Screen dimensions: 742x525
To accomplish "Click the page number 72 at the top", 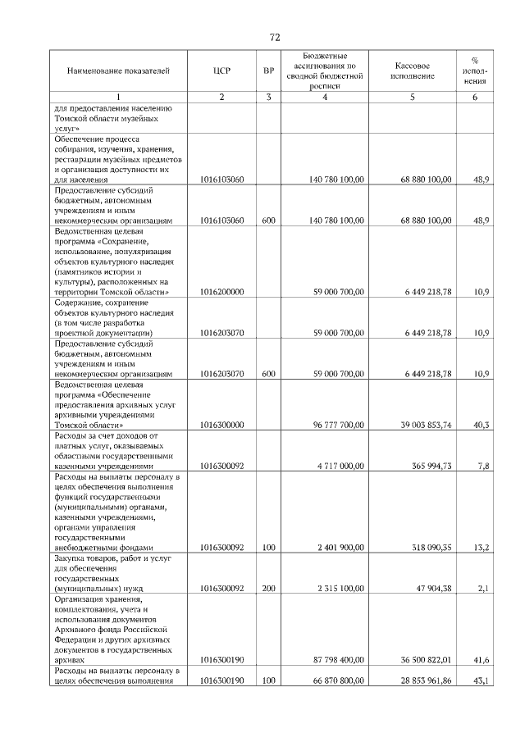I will point(275,38).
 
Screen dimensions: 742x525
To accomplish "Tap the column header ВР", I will point(268,71).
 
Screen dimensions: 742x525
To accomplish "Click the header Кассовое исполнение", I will point(413,71).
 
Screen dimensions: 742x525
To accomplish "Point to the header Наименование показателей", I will point(118,71).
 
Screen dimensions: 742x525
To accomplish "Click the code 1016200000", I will point(221,290).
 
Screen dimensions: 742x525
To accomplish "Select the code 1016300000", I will point(221,425).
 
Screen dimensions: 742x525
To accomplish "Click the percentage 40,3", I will point(482,425).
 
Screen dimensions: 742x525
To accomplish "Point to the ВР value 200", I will point(268,589).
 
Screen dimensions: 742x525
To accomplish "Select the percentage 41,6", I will point(482,660).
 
